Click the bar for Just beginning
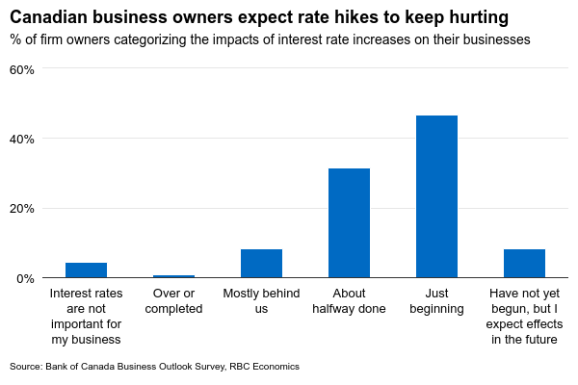tap(436, 196)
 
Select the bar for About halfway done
tap(349, 223)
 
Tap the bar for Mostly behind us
tap(261, 264)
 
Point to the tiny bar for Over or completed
tap(173, 276)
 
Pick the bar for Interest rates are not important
tap(86, 270)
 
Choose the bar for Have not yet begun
tap(524, 264)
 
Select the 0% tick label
tap(25, 278)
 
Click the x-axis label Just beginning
tap(436, 301)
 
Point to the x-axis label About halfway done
tap(349, 301)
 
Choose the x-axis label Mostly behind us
tap(261, 301)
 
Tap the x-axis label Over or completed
tap(173, 301)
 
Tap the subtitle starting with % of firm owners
tap(270, 40)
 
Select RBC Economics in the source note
tap(265, 367)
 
